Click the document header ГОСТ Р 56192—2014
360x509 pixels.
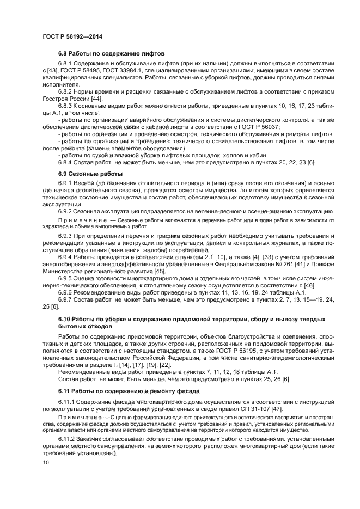click(x=72, y=37)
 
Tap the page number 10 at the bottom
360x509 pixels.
click(x=45, y=462)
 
